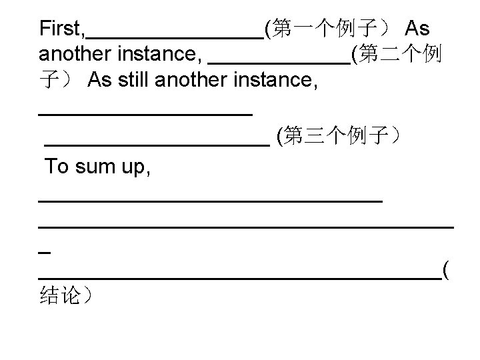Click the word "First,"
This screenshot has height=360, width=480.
click(x=62, y=29)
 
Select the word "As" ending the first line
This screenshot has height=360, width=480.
click(x=417, y=29)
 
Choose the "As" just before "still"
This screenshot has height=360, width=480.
click(x=100, y=81)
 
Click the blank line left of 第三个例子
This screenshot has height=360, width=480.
click(x=156, y=142)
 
